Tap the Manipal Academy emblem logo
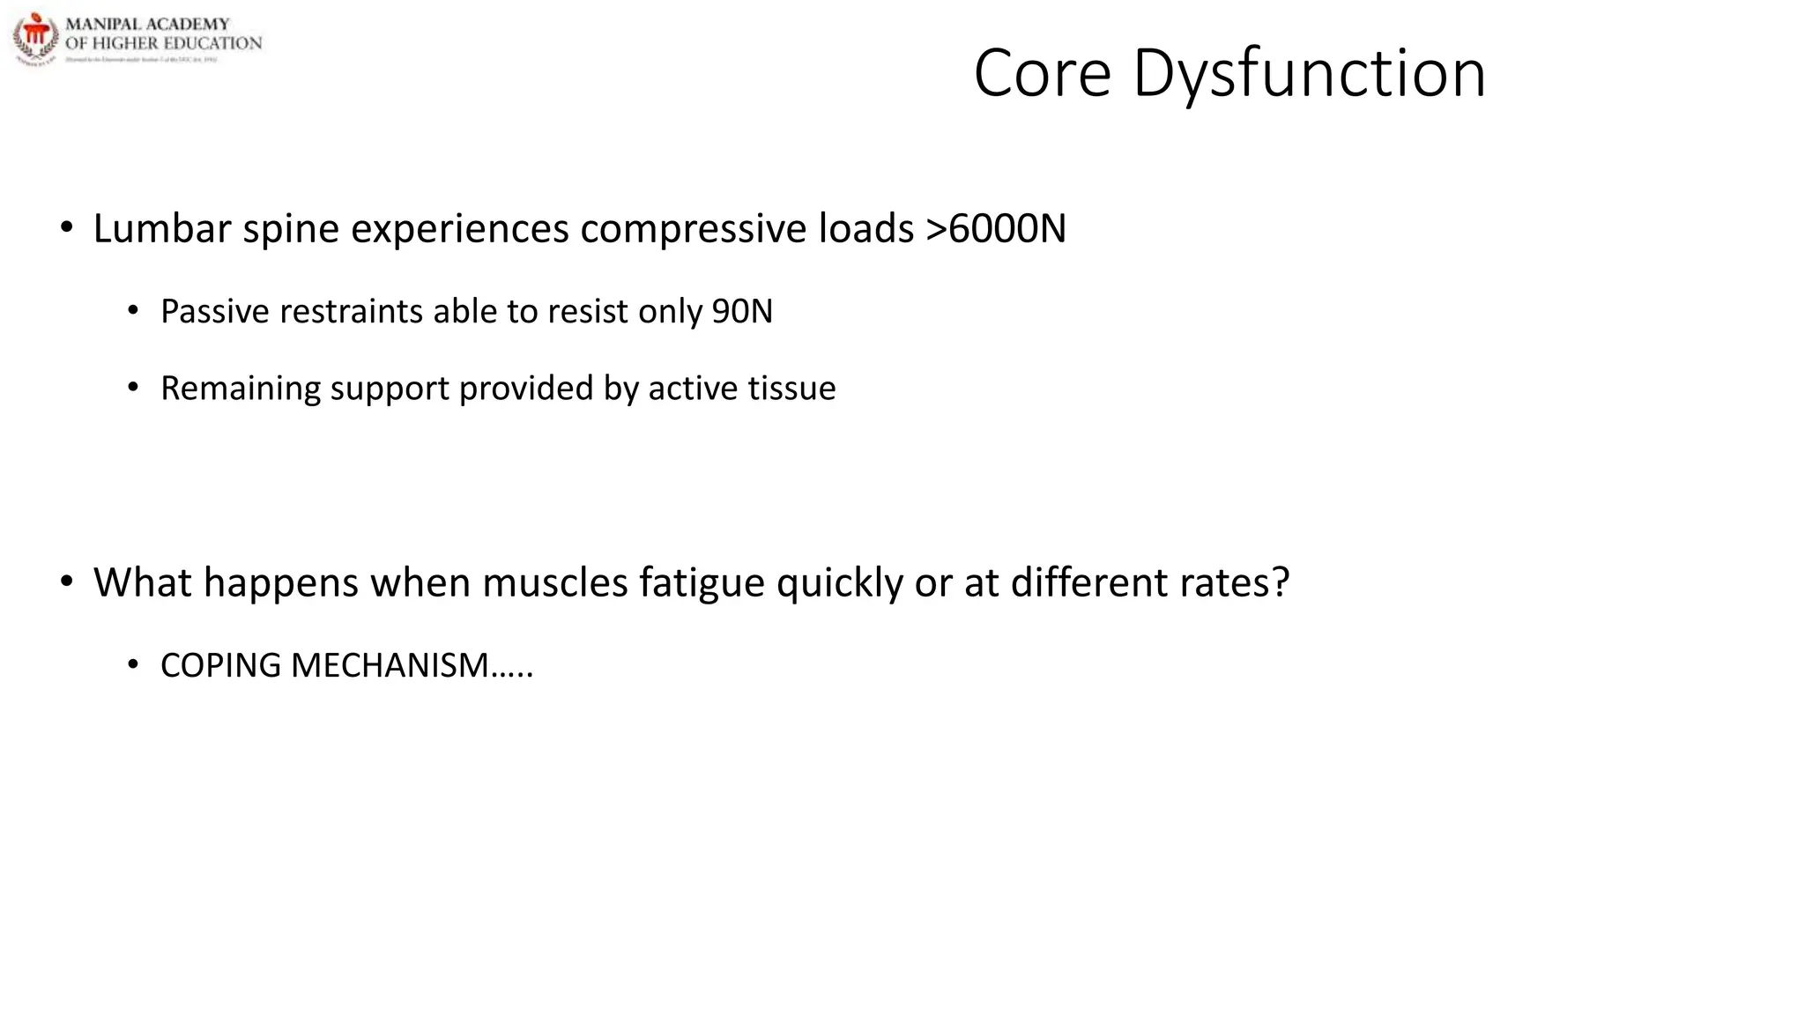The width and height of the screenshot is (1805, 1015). coord(35,38)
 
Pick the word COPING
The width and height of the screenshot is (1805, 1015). coord(220,665)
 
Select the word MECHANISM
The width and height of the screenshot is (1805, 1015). coord(390,665)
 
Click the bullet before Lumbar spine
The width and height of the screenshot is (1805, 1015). coord(67,228)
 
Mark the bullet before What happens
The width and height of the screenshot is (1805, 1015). coord(67,582)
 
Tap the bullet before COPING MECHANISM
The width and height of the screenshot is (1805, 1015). coord(133,665)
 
